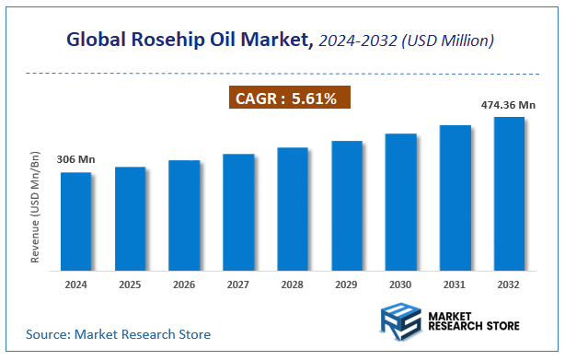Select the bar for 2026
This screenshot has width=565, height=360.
coord(184,215)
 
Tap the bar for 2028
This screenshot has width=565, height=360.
coord(293,209)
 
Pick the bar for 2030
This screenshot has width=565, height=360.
coord(401,202)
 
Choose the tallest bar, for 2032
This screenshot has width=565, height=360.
coord(510,193)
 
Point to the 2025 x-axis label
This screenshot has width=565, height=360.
coord(131,285)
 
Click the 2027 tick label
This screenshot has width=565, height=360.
coord(238,285)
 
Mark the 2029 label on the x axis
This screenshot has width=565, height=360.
coord(347,285)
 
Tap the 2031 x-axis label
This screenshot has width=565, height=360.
coord(455,285)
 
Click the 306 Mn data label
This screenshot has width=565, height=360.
coord(76,160)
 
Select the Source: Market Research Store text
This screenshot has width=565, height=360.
coord(119,333)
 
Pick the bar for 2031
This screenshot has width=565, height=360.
coord(455,197)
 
